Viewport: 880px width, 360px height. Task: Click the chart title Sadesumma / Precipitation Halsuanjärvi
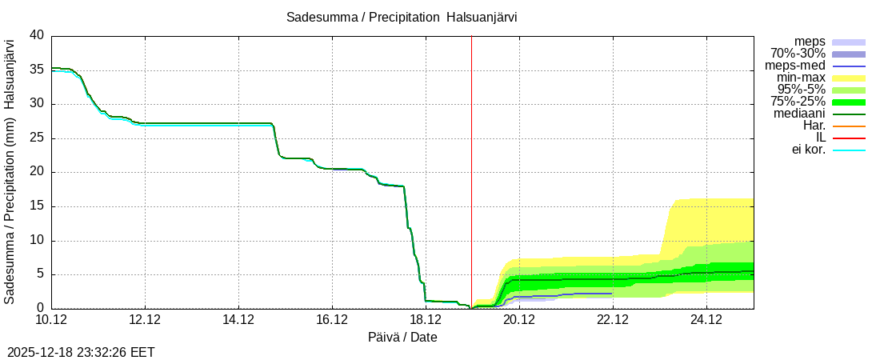coord(402,18)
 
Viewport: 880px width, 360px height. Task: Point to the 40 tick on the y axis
coord(37,36)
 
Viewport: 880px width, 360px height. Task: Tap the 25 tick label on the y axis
coord(37,138)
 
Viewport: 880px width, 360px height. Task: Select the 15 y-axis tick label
coord(37,206)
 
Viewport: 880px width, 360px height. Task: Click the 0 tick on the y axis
coord(41,309)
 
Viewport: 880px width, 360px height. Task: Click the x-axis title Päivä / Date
coord(402,337)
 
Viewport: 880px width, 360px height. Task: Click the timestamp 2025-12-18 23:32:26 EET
coord(81,352)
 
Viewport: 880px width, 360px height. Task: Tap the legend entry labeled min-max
coord(801,78)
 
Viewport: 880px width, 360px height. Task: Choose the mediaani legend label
coord(799,114)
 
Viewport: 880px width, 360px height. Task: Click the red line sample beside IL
coord(849,138)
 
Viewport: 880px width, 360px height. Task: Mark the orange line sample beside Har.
coord(849,126)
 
